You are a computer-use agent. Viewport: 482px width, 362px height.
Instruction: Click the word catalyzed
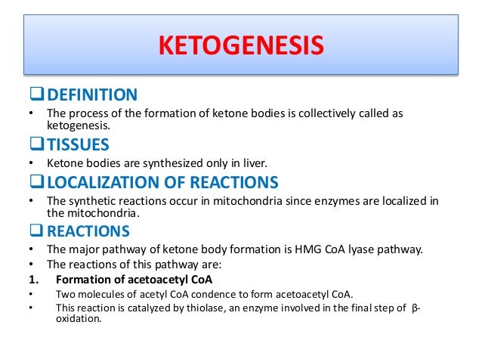146,307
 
